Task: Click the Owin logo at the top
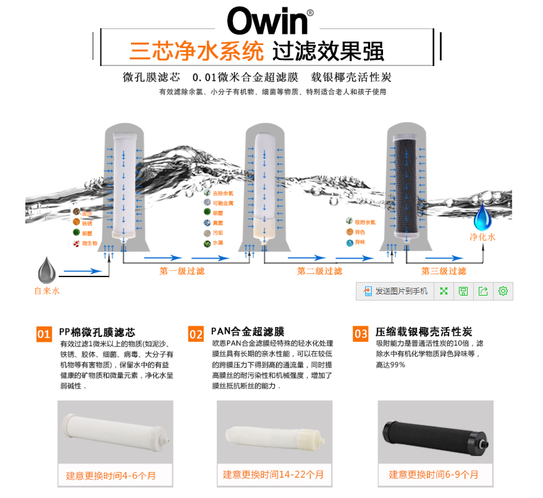267,21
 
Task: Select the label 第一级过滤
182,271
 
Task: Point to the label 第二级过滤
319,271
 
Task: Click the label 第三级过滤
444,271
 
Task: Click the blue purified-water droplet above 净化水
482,217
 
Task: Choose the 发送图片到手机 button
395,291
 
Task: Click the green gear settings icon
503,291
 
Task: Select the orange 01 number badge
44,334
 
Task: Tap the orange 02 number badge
196,334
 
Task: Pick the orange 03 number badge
361,334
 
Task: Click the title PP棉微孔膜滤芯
97,331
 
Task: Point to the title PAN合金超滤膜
248,331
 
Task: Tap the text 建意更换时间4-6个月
111,476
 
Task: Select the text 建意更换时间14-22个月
273,475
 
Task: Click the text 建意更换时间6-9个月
434,475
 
